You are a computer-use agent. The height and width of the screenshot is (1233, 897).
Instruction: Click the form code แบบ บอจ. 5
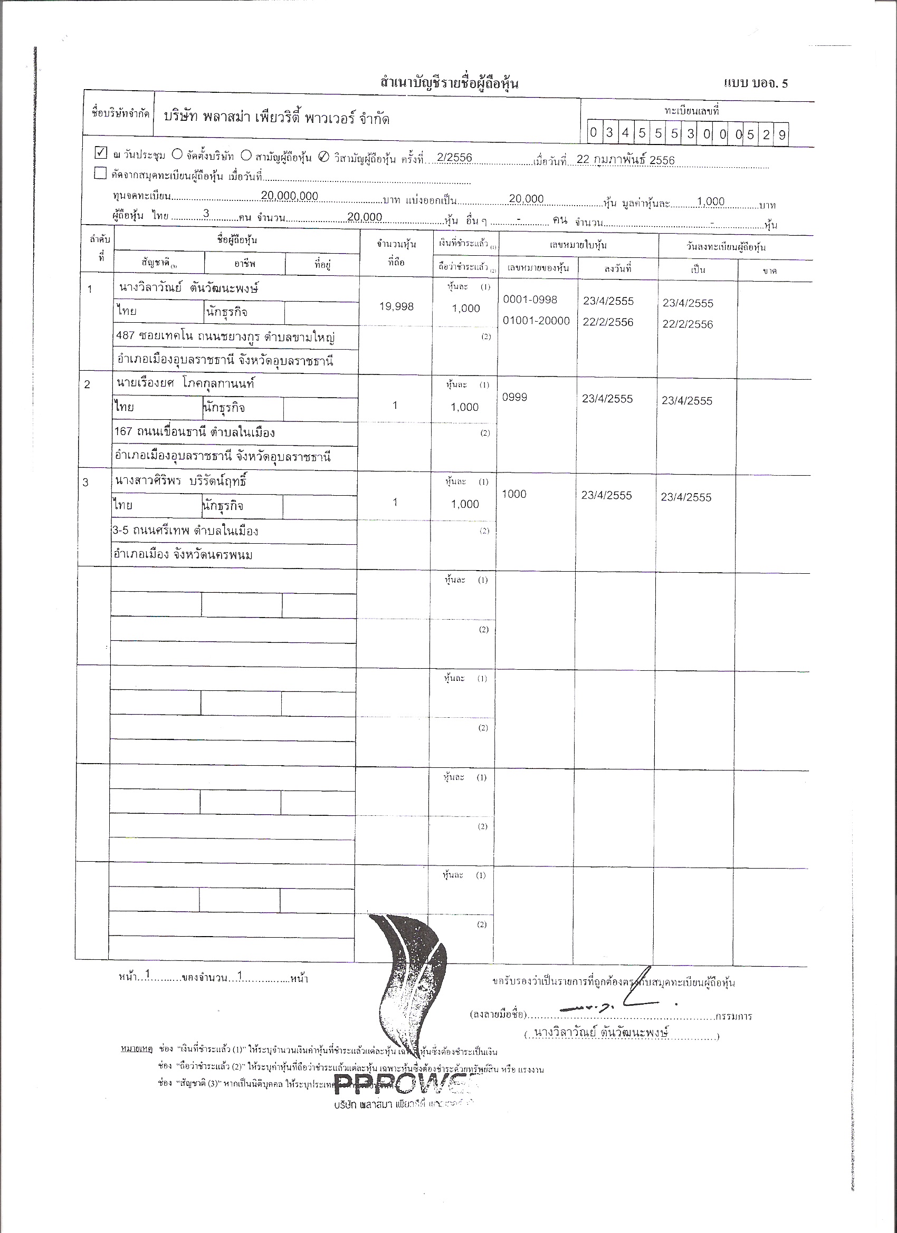(x=756, y=83)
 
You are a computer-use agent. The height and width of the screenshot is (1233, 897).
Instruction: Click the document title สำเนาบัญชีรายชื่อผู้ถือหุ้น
(x=450, y=83)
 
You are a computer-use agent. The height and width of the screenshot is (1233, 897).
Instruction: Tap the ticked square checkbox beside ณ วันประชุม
(x=101, y=152)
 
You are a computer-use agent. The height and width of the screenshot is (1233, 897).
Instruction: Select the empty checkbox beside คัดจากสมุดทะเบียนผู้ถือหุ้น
(x=100, y=174)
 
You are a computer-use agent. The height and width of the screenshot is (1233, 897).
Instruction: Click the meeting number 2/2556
(x=454, y=158)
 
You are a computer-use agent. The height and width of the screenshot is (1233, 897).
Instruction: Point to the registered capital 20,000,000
(x=289, y=196)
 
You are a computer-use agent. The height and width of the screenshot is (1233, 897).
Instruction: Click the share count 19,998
(x=396, y=306)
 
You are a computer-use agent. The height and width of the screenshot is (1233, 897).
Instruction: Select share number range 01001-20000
(x=536, y=321)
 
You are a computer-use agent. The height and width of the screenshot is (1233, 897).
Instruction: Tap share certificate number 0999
(x=514, y=397)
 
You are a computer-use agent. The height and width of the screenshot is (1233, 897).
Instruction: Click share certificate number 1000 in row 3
(x=513, y=494)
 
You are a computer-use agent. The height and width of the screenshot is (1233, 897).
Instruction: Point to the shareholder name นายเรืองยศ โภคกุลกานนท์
(x=186, y=383)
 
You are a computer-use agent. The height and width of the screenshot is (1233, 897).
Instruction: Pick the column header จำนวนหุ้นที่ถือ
(x=397, y=253)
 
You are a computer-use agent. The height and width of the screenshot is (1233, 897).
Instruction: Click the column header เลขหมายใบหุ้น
(x=578, y=245)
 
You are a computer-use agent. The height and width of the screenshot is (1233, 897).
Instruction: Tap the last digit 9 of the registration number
(x=781, y=134)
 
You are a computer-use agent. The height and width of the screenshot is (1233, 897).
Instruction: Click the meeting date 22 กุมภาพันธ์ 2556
(x=626, y=160)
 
